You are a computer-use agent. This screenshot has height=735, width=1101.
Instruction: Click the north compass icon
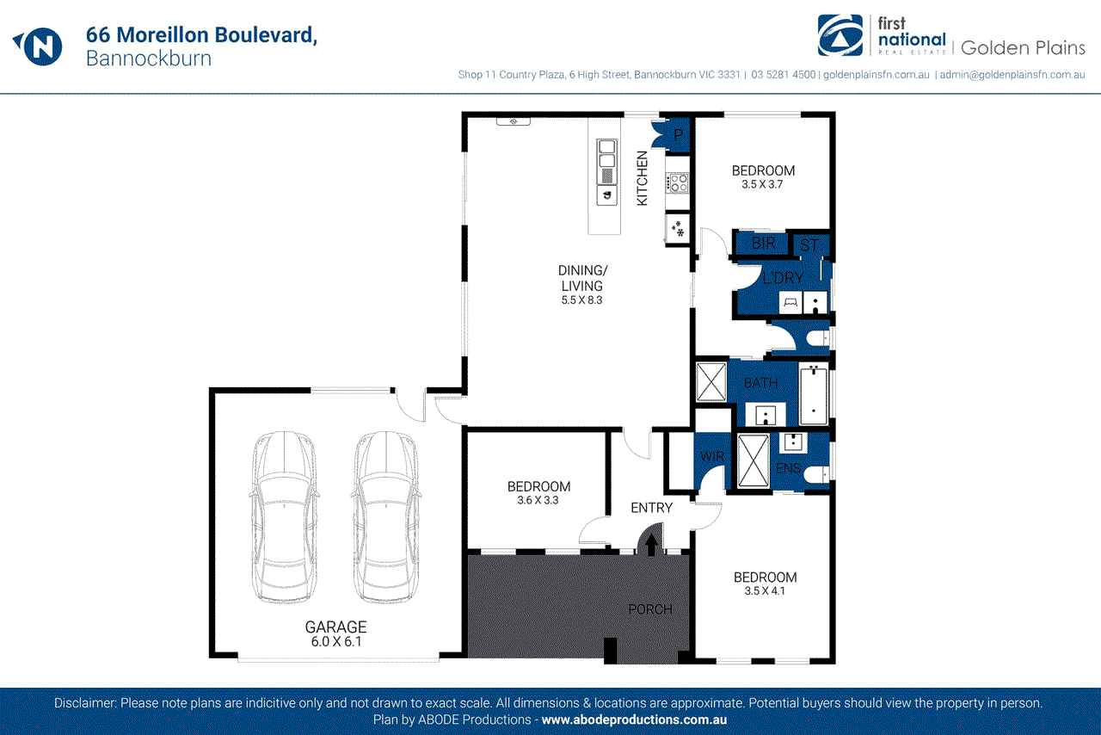(37, 46)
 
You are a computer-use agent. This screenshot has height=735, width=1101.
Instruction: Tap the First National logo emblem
(840, 35)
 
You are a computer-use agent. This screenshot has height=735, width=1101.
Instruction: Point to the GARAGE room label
(335, 627)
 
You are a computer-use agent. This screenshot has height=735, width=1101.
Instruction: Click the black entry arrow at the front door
(650, 544)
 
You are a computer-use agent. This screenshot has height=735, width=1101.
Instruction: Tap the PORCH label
(650, 609)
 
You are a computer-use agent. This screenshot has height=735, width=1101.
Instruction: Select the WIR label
(710, 455)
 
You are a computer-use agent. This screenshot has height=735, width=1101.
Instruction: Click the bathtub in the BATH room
(813, 394)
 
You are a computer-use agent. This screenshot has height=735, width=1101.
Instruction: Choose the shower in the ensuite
(754, 461)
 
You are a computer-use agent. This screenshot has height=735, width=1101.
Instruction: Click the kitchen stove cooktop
(677, 182)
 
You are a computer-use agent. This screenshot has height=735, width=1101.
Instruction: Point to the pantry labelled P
(678, 135)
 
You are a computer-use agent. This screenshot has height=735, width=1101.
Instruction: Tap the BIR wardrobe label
(763, 244)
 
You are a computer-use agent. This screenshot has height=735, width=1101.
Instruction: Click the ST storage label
(809, 245)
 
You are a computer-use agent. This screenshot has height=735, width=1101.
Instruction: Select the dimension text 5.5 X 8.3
(581, 300)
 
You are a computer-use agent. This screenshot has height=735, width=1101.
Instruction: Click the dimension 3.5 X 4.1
(765, 591)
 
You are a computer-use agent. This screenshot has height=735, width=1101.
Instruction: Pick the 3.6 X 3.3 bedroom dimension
(538, 500)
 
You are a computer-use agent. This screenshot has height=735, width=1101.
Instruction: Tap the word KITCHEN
(642, 178)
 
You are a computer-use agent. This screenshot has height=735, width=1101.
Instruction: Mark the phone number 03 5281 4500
(783, 75)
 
